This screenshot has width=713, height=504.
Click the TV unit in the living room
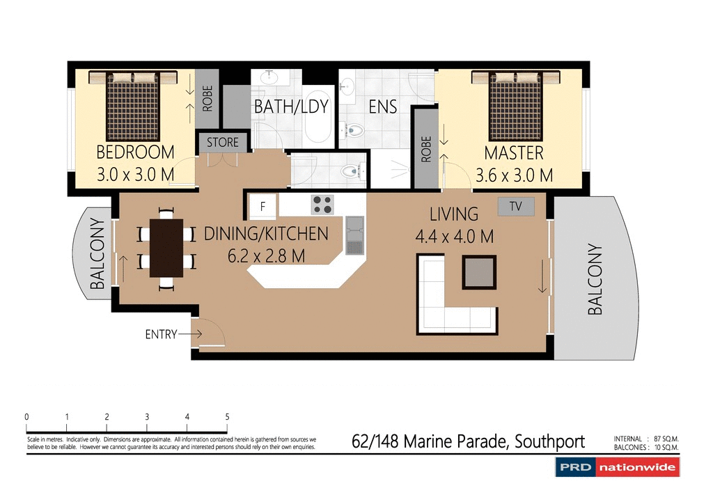(516, 206)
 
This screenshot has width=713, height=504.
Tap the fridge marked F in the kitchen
(263, 206)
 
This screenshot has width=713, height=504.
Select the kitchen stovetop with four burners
(322, 204)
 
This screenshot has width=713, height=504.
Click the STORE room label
(223, 143)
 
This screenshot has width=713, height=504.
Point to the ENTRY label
(161, 335)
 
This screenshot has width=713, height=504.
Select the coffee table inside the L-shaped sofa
(479, 272)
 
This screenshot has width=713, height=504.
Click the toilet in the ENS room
(355, 129)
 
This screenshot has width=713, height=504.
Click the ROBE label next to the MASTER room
(427, 149)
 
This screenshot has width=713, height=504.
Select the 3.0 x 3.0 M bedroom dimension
(135, 175)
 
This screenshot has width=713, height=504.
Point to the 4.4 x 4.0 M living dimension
(454, 236)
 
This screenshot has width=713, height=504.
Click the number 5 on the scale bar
(228, 417)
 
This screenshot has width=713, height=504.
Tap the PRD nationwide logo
(617, 468)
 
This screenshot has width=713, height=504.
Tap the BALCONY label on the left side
(97, 253)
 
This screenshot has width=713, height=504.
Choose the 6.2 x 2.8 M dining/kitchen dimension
(266, 255)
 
